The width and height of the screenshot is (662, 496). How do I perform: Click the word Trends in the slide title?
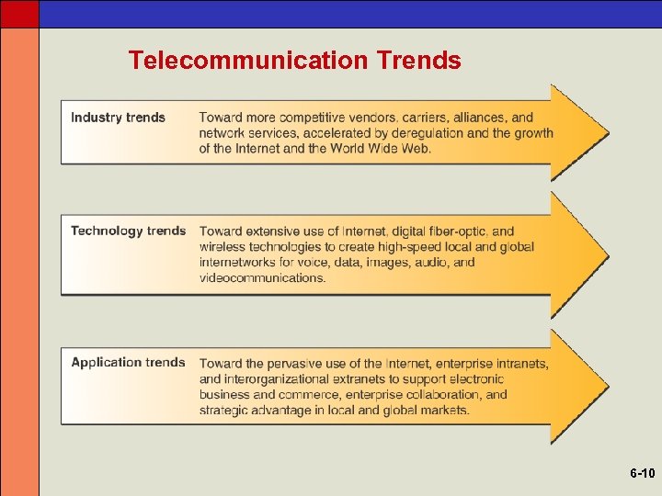[x=418, y=61]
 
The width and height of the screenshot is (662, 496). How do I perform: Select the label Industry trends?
[x=118, y=118]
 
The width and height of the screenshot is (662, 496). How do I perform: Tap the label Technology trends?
[x=128, y=231]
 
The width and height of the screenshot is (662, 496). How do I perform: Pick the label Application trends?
[x=128, y=363]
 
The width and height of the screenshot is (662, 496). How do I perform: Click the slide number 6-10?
[x=642, y=474]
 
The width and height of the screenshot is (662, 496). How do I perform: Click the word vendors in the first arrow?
[x=372, y=118]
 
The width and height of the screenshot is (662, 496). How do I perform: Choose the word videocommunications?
[x=262, y=278]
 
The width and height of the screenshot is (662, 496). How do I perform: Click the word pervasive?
[x=289, y=364]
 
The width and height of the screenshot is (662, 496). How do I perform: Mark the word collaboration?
[x=443, y=395]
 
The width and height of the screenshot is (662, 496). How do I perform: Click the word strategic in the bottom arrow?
[x=226, y=411]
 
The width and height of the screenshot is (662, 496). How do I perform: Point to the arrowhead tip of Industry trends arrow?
[x=607, y=132]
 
